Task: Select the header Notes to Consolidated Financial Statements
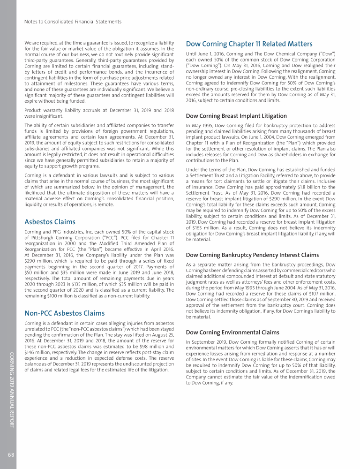[x=73, y=22]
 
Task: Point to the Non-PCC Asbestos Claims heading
[x=65, y=313]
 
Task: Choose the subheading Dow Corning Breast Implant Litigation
[x=236, y=115]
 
